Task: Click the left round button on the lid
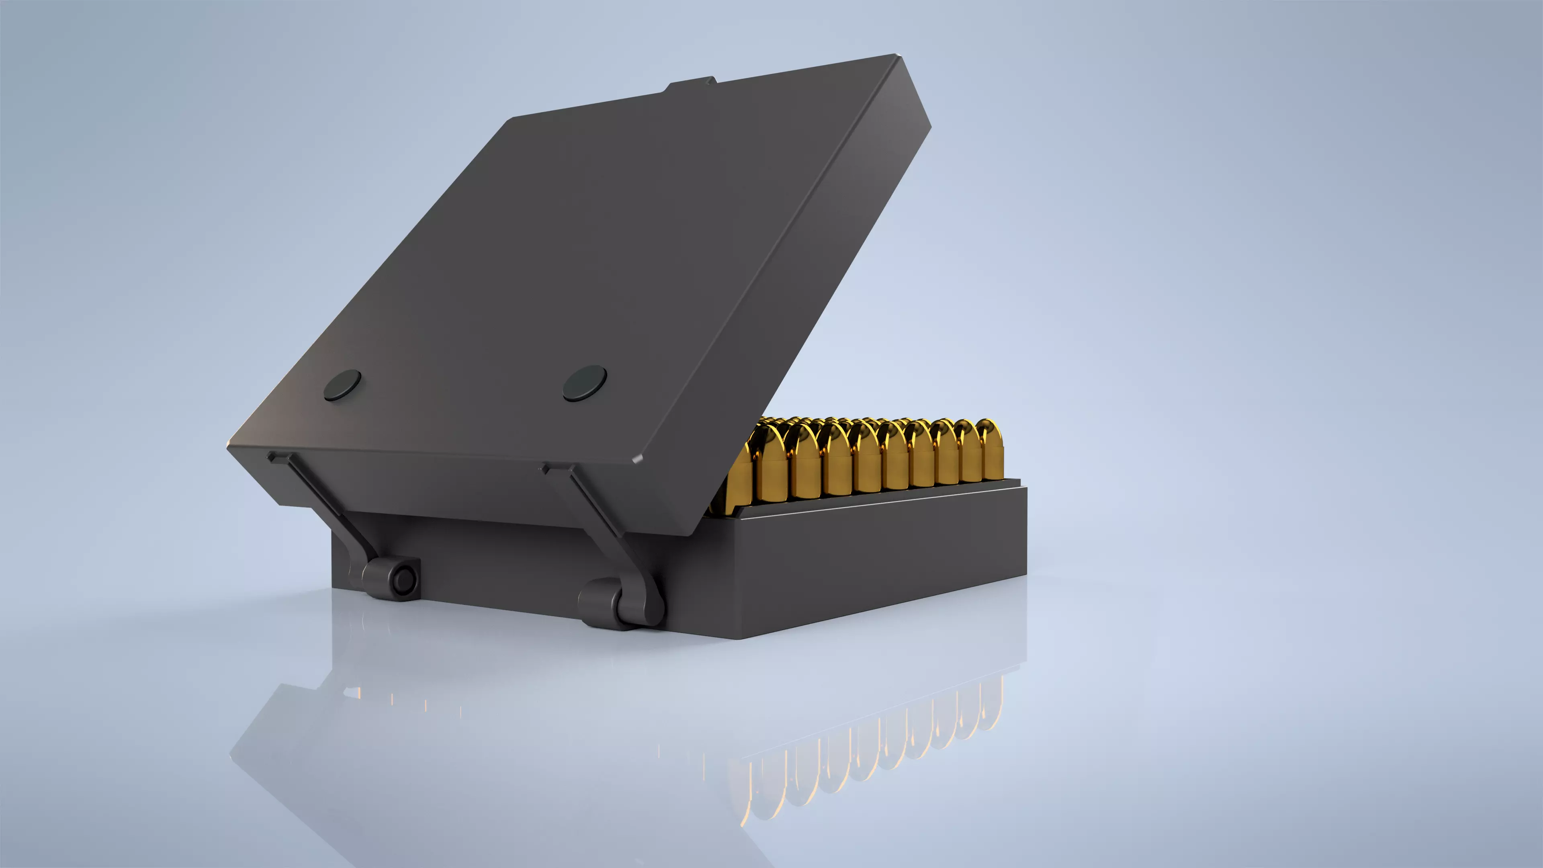[343, 385]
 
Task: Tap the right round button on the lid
[585, 383]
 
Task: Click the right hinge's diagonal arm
[605, 527]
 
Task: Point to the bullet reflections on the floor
[868, 761]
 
